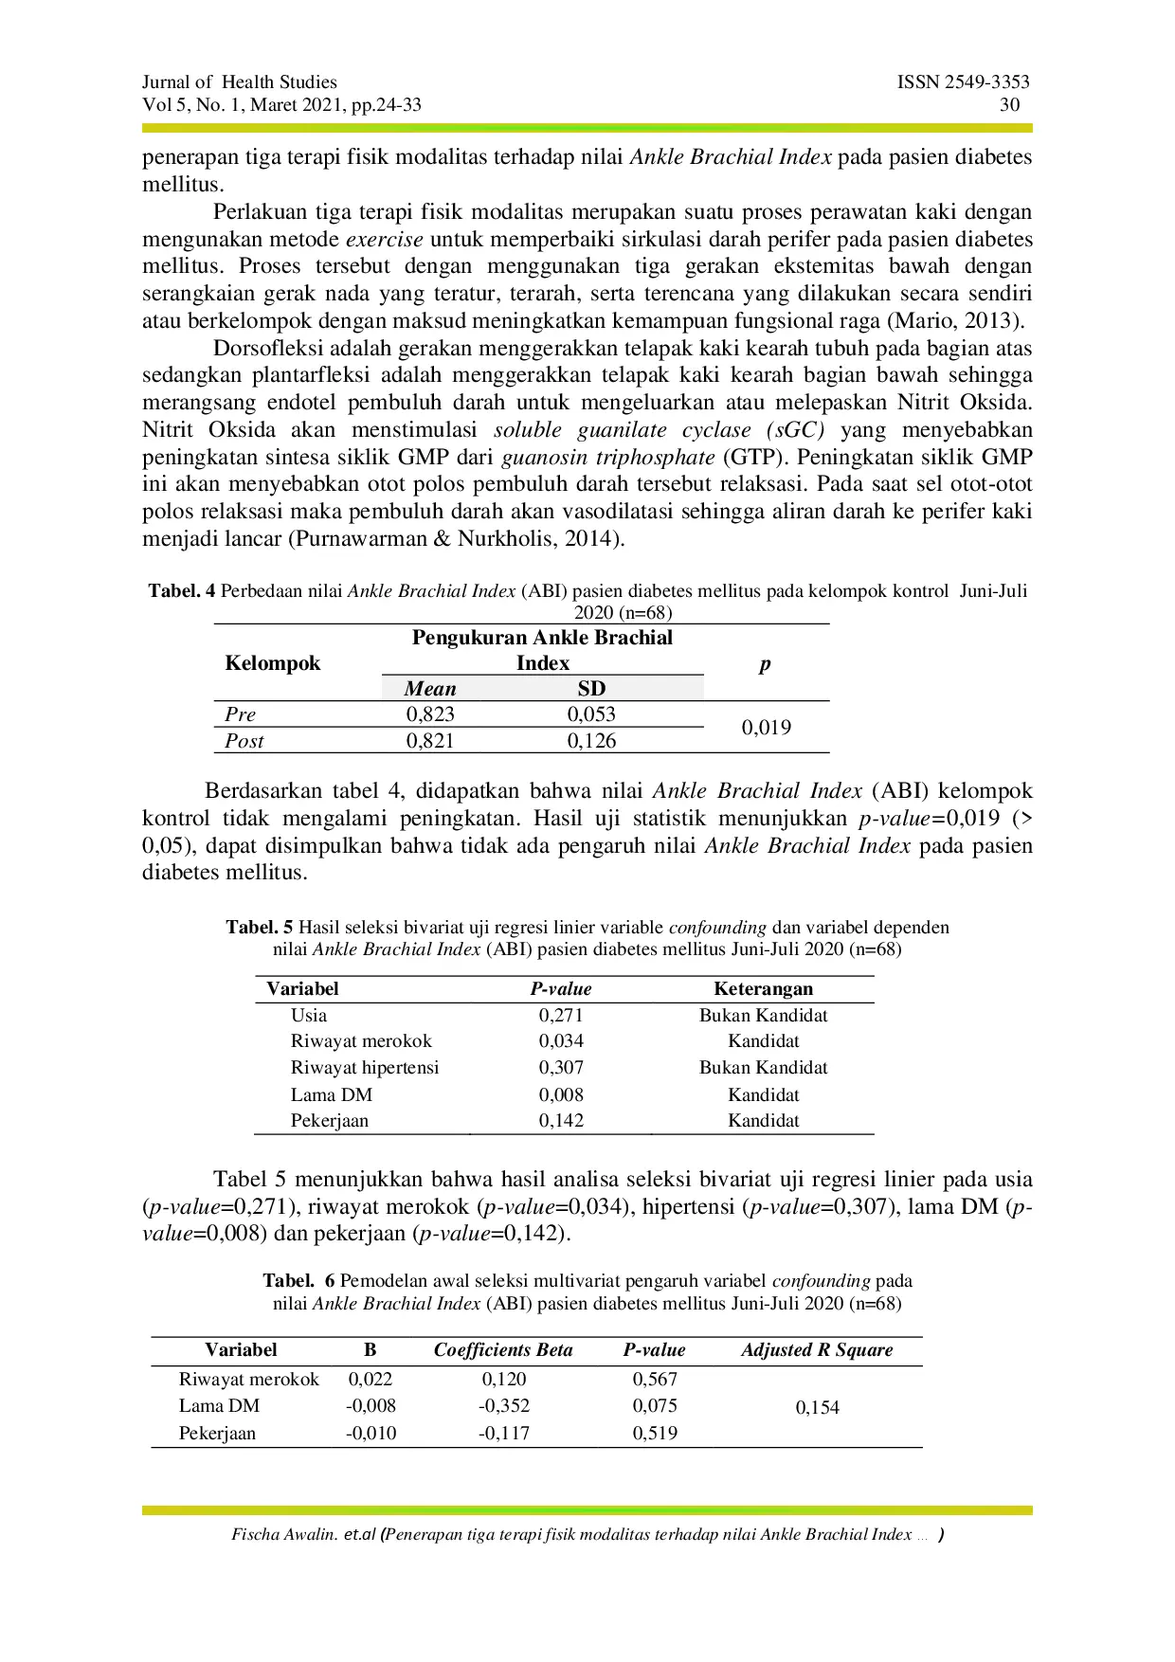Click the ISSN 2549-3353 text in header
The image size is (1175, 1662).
[963, 82]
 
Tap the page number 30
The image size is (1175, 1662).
[1009, 105]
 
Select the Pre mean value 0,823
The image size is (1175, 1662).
[430, 714]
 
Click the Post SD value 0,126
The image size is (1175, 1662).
[591, 741]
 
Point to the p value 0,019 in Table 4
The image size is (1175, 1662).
[766, 728]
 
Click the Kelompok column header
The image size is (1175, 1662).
[273, 663]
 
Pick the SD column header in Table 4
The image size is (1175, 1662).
[591, 689]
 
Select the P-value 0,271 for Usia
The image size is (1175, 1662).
[561, 1016]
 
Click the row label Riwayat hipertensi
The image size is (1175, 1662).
[365, 1068]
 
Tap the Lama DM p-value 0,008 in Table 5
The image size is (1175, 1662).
[561, 1095]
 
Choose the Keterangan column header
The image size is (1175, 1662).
[763, 989]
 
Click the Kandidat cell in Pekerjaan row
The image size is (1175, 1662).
[763, 1121]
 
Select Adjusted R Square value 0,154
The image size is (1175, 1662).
[817, 1408]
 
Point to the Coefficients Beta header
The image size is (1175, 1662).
[503, 1350]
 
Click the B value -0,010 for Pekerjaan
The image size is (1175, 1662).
[371, 1434]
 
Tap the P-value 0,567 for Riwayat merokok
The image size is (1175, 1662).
[655, 1380]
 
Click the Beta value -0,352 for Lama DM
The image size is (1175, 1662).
[503, 1406]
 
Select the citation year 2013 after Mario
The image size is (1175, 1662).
[988, 321]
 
